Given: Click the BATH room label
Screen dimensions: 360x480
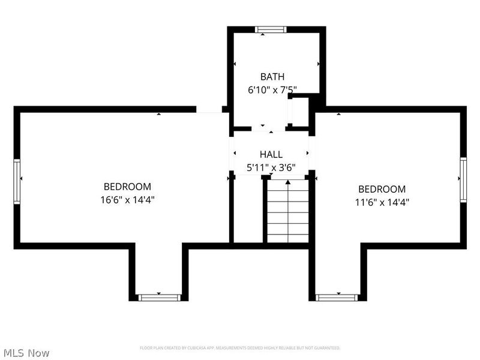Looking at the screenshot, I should pyautogui.click(x=272, y=77).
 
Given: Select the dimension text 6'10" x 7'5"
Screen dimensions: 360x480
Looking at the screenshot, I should pyautogui.click(x=272, y=90).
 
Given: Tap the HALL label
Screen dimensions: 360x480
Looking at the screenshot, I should pyautogui.click(x=271, y=155).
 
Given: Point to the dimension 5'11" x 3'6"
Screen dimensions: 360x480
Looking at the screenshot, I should pyautogui.click(x=271, y=168).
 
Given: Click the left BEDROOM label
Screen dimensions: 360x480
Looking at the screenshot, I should pyautogui.click(x=127, y=187).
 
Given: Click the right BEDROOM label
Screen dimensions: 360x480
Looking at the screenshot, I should pyautogui.click(x=382, y=189).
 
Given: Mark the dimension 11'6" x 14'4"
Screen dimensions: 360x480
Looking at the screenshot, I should pyautogui.click(x=382, y=202).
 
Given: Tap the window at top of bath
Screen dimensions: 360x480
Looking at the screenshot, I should pyautogui.click(x=271, y=29).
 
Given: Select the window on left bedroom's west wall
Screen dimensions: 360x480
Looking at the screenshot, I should pyautogui.click(x=17, y=181).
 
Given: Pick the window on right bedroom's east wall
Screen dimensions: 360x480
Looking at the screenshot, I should pyautogui.click(x=463, y=179).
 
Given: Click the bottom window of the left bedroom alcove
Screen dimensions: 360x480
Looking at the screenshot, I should pyautogui.click(x=159, y=297).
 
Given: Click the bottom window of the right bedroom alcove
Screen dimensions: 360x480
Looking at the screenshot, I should pyautogui.click(x=337, y=297).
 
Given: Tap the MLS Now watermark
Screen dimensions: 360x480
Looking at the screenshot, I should pyautogui.click(x=26, y=353).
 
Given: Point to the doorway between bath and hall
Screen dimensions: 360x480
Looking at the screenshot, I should pyautogui.click(x=268, y=128).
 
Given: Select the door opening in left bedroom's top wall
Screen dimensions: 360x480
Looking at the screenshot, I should pyautogui.click(x=209, y=110).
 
